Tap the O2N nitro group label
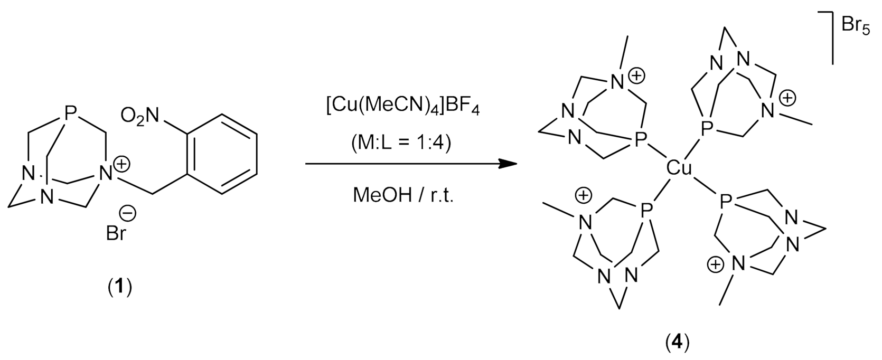tap(139, 115)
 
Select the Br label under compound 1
tap(116, 233)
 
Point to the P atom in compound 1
tap(71, 112)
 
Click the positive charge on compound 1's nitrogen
tap(122, 165)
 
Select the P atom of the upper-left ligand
tap(640, 139)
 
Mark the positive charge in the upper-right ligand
tap(787, 98)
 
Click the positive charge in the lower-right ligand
tap(715, 265)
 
